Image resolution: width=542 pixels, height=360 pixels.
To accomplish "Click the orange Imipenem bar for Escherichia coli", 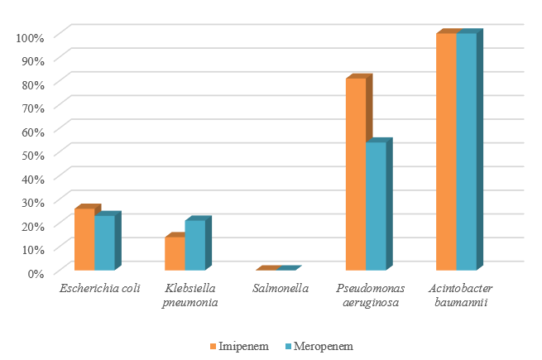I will [84, 239].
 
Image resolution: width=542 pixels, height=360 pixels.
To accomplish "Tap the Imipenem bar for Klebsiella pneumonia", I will [175, 253].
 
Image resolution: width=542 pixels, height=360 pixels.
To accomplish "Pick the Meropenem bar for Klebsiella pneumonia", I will [194, 245].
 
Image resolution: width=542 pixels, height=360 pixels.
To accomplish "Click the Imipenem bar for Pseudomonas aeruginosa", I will [356, 174].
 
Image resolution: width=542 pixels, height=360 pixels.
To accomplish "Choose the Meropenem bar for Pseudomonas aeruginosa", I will [376, 206].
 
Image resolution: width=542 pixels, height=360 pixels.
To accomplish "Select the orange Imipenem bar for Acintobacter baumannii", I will [446, 151].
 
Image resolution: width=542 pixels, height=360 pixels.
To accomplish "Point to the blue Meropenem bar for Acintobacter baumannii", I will [466, 151].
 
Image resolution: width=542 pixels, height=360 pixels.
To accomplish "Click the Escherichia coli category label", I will [99, 289].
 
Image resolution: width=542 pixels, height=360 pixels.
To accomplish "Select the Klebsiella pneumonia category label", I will [191, 295].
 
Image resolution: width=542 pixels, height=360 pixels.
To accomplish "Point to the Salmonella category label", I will [281, 289].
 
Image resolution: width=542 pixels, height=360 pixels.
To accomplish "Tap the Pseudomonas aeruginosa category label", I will [371, 295].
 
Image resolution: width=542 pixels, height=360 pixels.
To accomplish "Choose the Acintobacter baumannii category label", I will [461, 295].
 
